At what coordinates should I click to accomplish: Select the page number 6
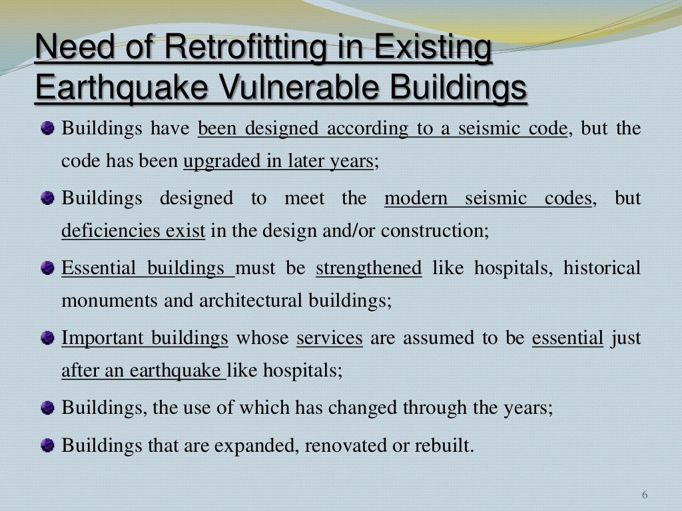tap(645, 495)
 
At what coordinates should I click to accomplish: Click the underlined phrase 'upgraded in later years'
tap(278, 162)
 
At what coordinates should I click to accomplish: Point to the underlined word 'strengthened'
tap(368, 268)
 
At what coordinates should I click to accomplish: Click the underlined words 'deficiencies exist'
tap(133, 232)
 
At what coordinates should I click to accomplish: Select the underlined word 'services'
tap(330, 338)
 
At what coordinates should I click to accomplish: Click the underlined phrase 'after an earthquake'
tap(143, 371)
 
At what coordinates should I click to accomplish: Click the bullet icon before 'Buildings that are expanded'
tap(47, 444)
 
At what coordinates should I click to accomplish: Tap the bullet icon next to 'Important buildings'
tap(47, 338)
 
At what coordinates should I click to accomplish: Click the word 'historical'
tap(602, 268)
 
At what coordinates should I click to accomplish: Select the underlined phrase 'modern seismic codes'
tap(488, 198)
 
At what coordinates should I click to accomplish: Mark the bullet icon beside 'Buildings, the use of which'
tap(47, 408)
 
